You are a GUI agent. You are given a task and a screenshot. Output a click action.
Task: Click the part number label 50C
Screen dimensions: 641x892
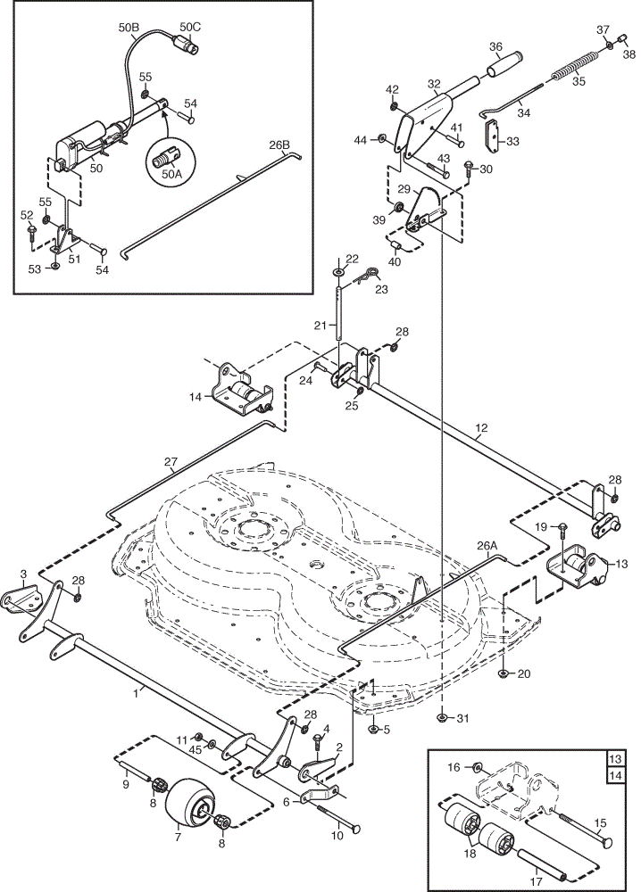click(190, 27)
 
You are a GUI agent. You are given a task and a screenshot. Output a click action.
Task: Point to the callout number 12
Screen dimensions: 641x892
click(481, 427)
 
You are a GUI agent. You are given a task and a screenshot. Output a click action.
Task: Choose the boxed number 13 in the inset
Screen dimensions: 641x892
click(616, 759)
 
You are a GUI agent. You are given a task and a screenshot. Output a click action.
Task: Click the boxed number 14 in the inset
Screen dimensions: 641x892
click(616, 775)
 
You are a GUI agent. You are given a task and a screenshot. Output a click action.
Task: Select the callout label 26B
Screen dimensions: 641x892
click(279, 145)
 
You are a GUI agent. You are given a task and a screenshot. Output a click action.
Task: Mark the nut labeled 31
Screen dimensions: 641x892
click(441, 717)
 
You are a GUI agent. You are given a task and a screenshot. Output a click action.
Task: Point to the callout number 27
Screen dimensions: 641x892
click(171, 462)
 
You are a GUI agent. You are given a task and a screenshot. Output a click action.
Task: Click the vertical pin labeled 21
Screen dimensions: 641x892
click(338, 315)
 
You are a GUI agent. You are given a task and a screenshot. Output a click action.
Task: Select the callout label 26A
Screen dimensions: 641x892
click(487, 546)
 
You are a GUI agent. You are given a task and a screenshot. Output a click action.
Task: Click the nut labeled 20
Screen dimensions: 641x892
click(504, 673)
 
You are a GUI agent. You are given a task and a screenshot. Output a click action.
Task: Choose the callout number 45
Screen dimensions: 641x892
click(196, 749)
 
